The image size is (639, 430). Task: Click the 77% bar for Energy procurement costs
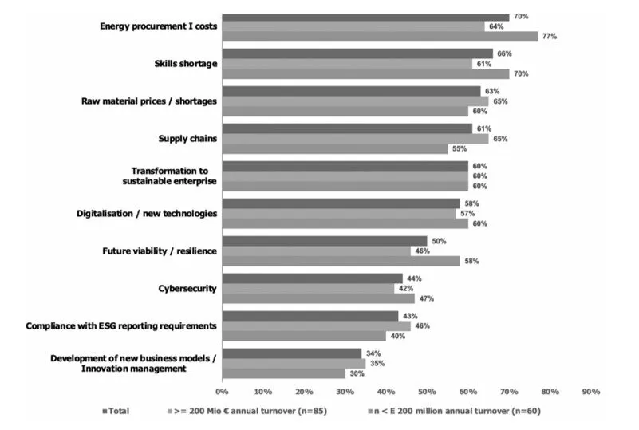click(380, 36)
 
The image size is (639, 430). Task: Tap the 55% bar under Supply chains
click(334, 148)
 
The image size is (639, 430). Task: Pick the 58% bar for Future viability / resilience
click(341, 261)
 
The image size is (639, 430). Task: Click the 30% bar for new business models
click(283, 373)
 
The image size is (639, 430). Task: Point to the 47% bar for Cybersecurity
click(318, 298)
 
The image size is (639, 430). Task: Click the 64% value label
click(495, 26)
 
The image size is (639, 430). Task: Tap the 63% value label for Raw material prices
click(491, 91)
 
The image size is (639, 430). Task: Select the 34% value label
click(373, 353)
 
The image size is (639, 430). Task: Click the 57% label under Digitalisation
click(467, 213)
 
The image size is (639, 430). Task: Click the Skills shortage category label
click(185, 64)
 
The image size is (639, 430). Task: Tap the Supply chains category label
click(188, 139)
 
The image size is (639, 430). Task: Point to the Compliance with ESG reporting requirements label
click(121, 325)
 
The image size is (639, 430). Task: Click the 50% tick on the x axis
click(427, 392)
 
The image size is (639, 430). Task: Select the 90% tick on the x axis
click(591, 392)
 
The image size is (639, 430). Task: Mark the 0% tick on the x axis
click(223, 392)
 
